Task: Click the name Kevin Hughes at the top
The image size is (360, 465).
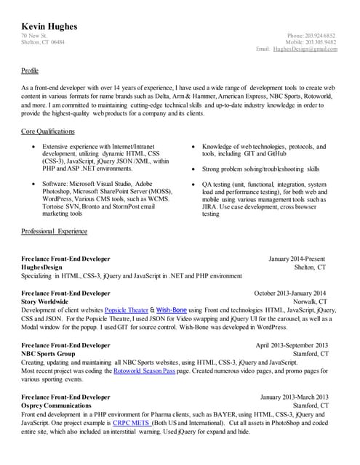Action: [49, 27]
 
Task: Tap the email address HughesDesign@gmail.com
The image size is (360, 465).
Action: [305, 49]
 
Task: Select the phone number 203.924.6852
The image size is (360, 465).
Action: [321, 36]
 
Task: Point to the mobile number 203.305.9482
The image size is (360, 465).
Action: [321, 42]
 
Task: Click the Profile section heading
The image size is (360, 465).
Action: [30, 71]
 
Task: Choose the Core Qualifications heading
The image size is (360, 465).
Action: [48, 132]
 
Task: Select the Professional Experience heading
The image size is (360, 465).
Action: [55, 232]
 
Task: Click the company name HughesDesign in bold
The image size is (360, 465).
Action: [42, 267]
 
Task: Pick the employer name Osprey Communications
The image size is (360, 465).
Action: [61, 406]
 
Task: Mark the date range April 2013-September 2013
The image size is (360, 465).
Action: [292, 345]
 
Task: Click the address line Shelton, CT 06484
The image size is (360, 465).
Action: [42, 42]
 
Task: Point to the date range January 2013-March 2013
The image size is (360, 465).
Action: [294, 397]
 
